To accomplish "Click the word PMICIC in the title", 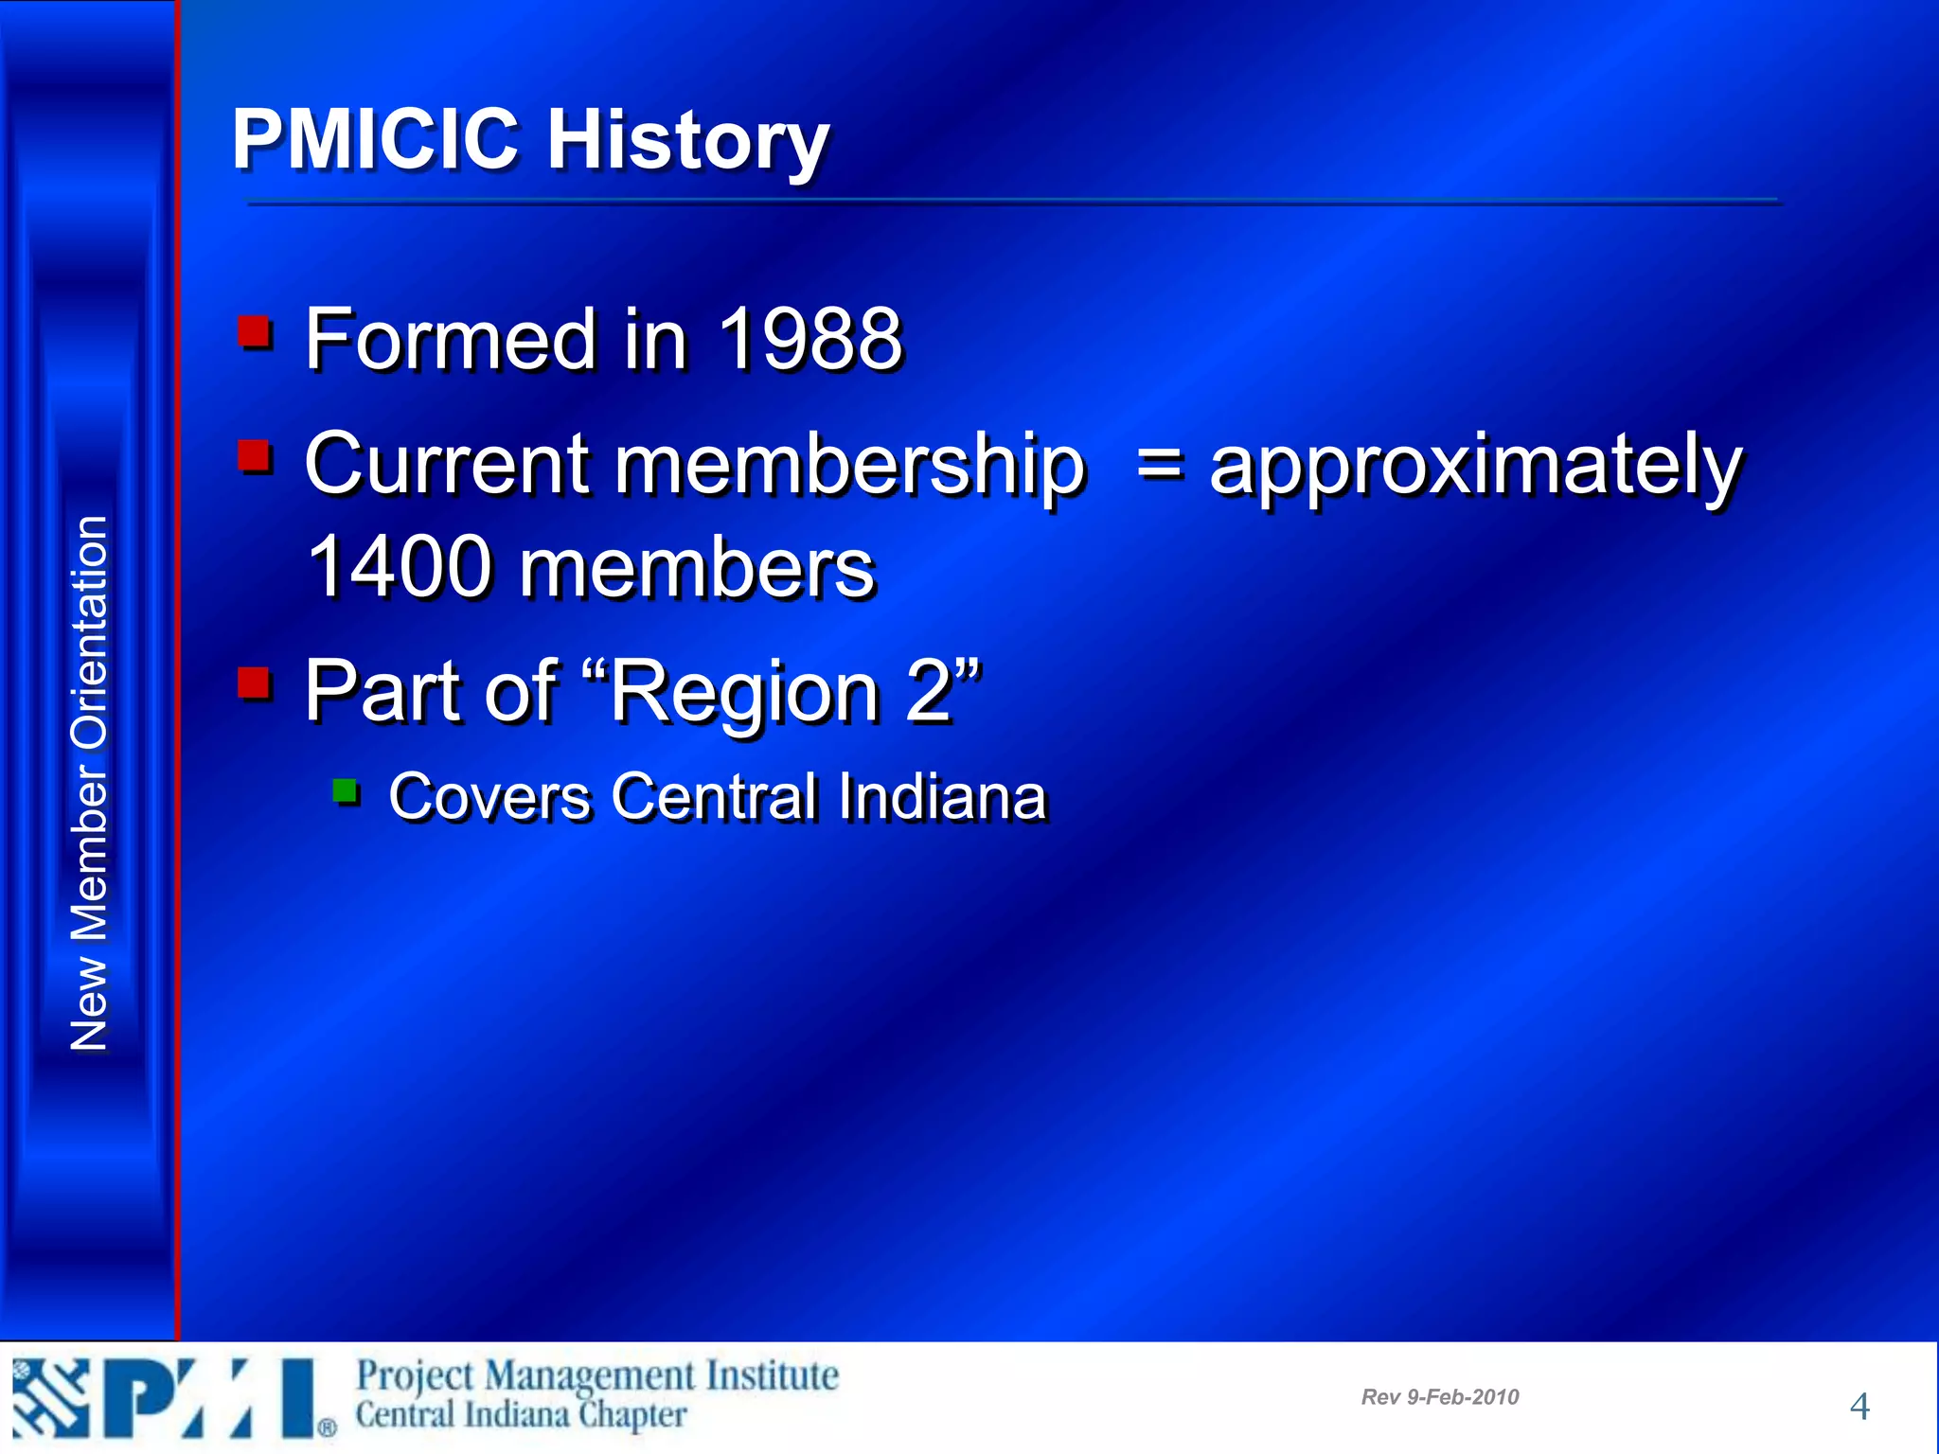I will tap(375, 139).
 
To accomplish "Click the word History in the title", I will tap(688, 142).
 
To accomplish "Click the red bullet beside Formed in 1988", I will tap(255, 332).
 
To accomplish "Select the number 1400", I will tap(400, 567).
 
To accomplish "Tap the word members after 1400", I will tap(697, 569).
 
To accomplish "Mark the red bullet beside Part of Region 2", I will tap(255, 683).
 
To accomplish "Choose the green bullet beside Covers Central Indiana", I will tap(346, 790).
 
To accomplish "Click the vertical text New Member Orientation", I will tap(89, 784).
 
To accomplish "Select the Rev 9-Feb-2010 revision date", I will tap(1439, 1397).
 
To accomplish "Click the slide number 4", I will tap(1859, 1407).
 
